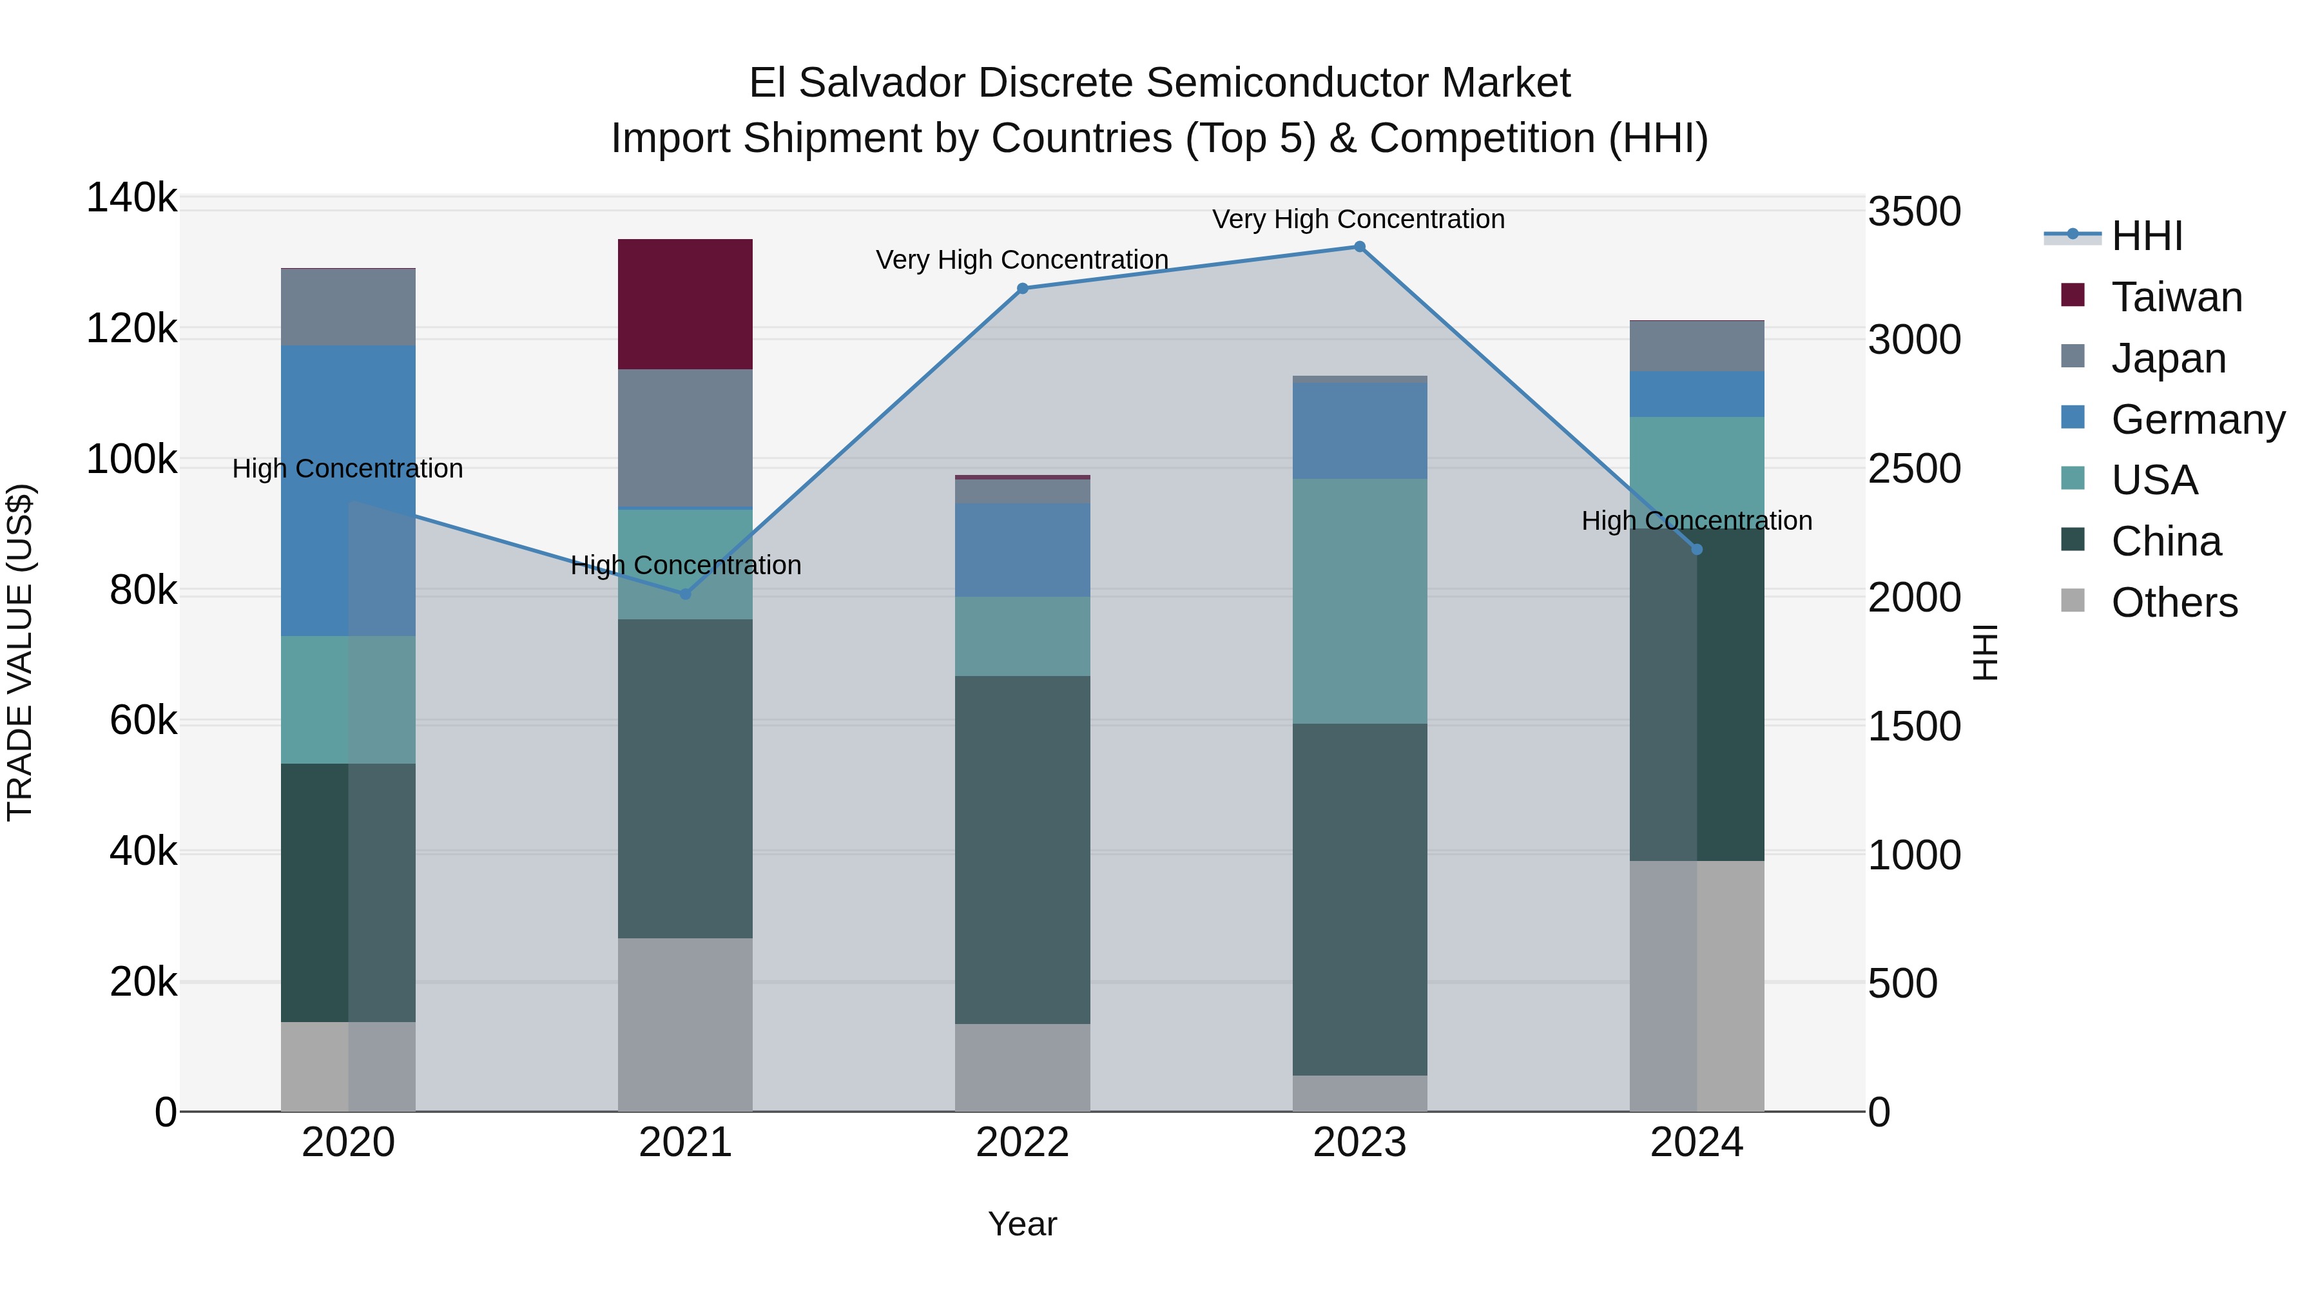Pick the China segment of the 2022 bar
(1022, 849)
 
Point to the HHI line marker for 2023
(1359, 247)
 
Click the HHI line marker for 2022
(1022, 288)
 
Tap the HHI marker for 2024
(1697, 549)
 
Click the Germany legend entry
(2198, 420)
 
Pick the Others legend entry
(2174, 603)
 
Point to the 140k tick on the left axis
(131, 198)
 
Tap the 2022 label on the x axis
(1022, 1143)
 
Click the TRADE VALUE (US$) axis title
(20, 652)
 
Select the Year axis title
(1022, 1224)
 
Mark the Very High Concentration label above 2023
(1358, 219)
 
